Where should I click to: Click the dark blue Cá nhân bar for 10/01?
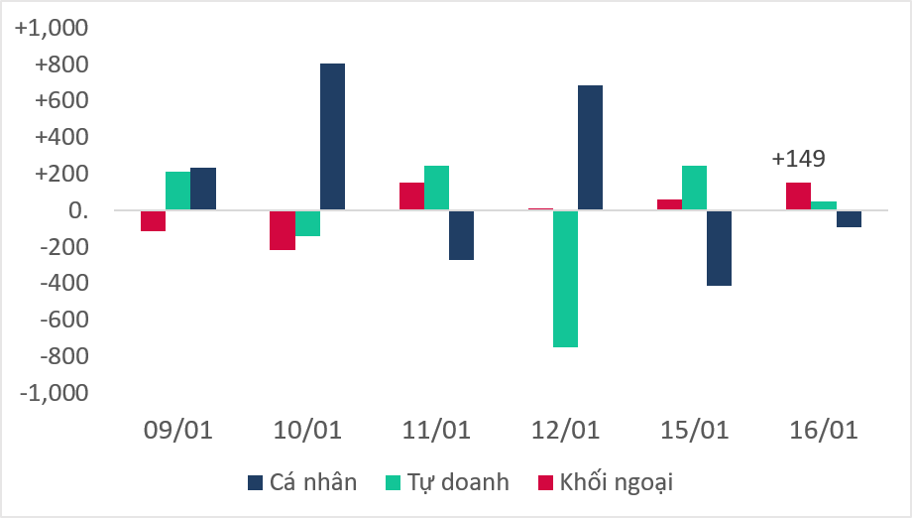pos(332,137)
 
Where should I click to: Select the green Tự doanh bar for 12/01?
pos(565,279)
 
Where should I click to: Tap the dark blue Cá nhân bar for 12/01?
pos(590,148)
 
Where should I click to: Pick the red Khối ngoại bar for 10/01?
pos(283,230)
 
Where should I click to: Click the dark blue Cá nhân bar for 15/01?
pos(720,248)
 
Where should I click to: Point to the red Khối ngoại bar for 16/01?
pos(798,196)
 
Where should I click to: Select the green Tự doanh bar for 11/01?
pos(436,189)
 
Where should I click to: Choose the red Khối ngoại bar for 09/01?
pos(153,220)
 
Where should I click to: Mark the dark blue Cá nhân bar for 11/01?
pos(461,235)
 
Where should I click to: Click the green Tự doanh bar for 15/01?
pos(694,189)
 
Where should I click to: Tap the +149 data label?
pos(798,159)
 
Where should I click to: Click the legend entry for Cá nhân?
pos(301,483)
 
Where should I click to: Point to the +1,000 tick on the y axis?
pos(52,29)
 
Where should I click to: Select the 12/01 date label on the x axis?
pos(565,431)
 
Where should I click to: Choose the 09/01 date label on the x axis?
pos(178,431)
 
